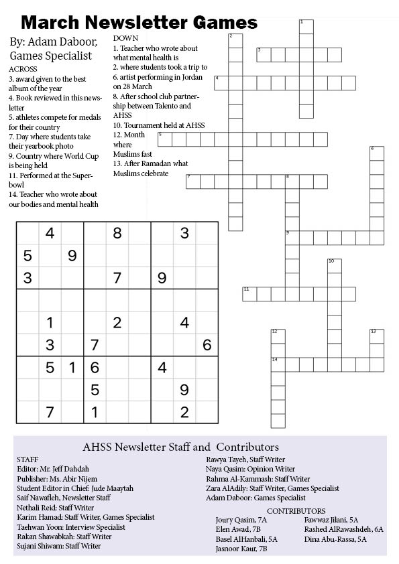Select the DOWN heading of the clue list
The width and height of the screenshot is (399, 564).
pos(126,39)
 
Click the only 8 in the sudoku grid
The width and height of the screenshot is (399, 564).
pos(117,233)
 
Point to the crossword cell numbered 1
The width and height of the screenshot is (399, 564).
pos(306,27)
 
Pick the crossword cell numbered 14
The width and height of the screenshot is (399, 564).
pos(278,364)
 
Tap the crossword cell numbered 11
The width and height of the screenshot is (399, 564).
pos(249,294)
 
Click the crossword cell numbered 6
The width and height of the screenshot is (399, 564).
pos(377,153)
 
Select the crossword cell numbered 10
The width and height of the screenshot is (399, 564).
pos(334,266)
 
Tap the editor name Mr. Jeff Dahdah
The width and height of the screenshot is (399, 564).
pos(68,469)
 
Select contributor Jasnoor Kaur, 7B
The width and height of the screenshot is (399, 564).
pos(241,548)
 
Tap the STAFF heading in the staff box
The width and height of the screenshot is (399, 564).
pos(27,460)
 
